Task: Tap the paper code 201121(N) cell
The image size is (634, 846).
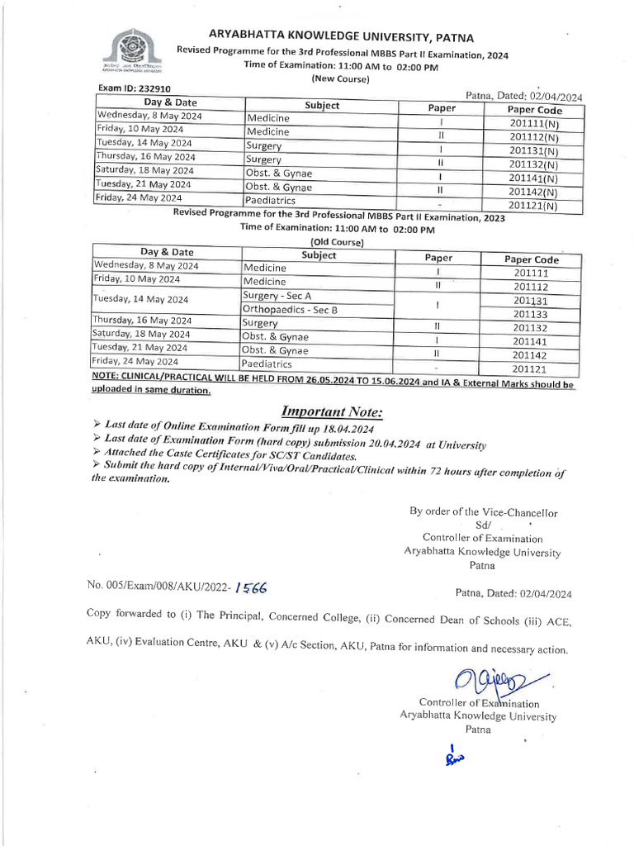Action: pos(532,206)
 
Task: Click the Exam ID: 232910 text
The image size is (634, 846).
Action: pos(135,88)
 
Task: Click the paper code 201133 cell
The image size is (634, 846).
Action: pos(531,314)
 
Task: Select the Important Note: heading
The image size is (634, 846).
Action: pos(332,411)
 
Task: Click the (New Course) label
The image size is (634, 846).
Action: pos(340,78)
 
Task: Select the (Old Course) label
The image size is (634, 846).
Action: pos(337,242)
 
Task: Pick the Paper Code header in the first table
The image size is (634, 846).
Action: pos(534,110)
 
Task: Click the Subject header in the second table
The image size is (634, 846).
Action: pos(319,255)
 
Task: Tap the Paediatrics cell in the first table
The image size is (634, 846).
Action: pos(270,201)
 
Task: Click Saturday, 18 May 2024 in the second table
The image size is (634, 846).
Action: pos(140,334)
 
